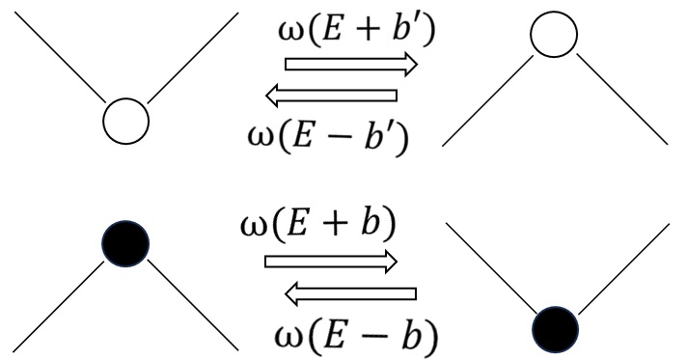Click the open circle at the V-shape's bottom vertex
126,121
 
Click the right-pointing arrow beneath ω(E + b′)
351,65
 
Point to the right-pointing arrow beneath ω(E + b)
330,261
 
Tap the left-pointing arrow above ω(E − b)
351,293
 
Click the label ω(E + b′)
351,32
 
